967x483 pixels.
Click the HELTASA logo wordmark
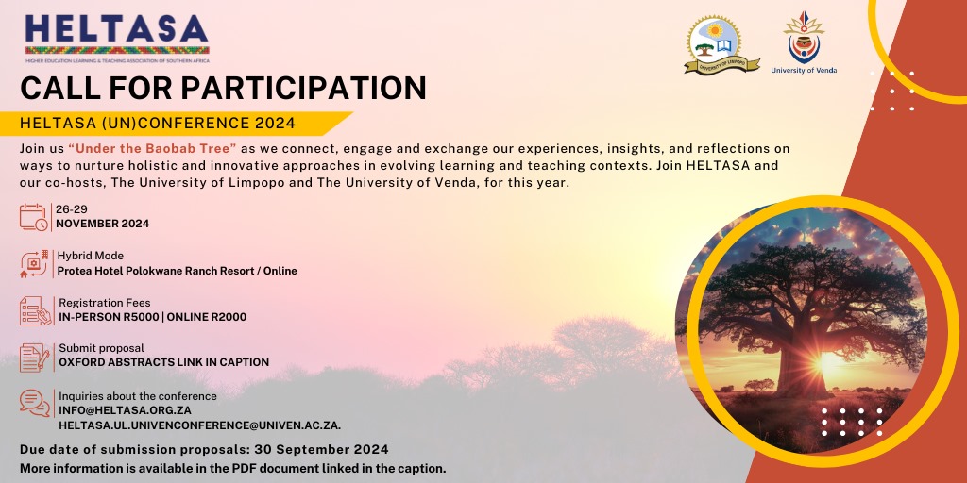click(x=117, y=30)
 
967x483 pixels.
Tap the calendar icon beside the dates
click(x=34, y=216)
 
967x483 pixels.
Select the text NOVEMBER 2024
click(x=102, y=224)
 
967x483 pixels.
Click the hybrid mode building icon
click(x=34, y=263)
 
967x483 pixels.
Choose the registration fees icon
click(x=34, y=309)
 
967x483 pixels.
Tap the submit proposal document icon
click(x=34, y=357)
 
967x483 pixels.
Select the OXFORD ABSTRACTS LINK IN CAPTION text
click(x=163, y=362)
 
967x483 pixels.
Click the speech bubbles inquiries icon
click(x=34, y=403)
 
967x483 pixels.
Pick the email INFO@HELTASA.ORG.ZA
click(x=125, y=410)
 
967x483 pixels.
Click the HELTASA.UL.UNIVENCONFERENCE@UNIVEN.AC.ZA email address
click(x=199, y=425)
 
